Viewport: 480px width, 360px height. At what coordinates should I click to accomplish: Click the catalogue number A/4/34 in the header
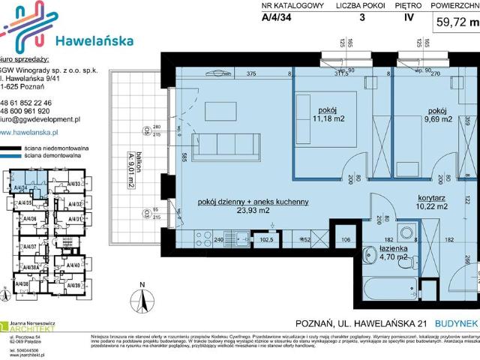[x=277, y=20]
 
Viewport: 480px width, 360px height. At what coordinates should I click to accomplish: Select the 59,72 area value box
[x=455, y=22]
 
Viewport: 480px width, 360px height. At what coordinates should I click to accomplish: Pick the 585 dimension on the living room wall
[x=184, y=157]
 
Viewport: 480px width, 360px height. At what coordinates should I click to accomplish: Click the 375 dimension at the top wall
[x=251, y=73]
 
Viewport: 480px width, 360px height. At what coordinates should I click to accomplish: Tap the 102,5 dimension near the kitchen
[x=265, y=239]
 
